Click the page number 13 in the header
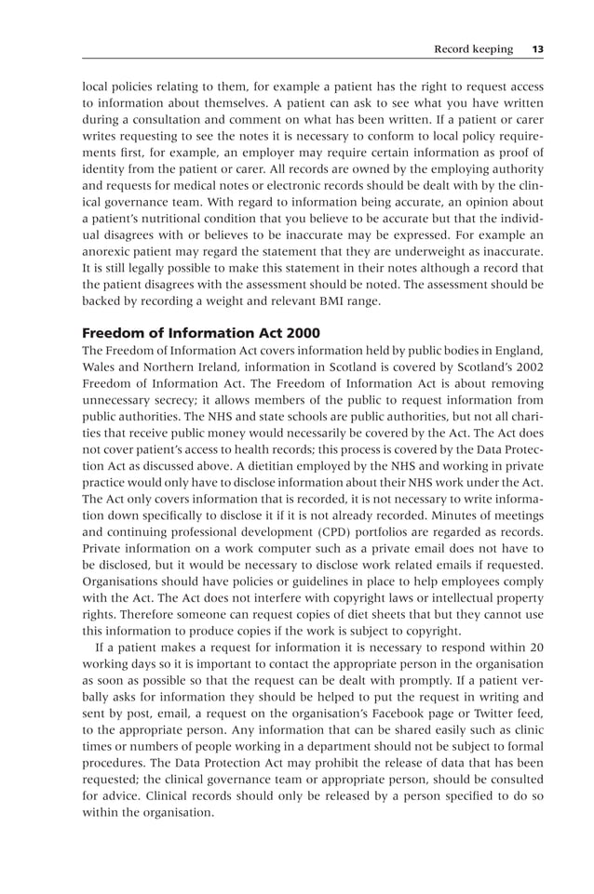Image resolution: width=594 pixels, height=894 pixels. (537, 48)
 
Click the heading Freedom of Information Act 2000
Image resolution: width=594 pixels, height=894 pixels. (201, 333)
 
